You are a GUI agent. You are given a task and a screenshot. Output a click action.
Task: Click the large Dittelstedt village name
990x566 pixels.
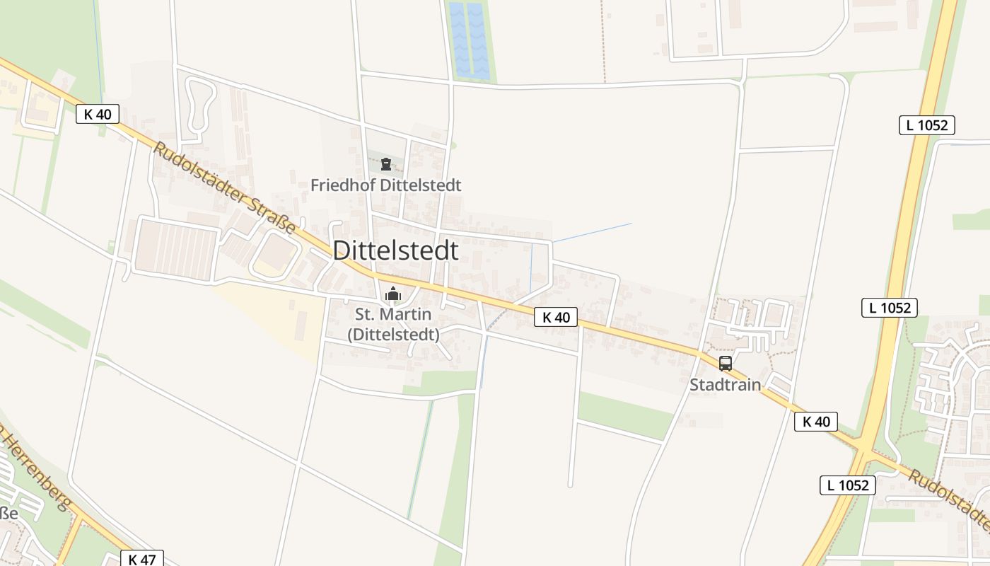(395, 250)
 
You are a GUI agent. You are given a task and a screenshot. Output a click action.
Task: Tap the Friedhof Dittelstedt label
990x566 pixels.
(386, 185)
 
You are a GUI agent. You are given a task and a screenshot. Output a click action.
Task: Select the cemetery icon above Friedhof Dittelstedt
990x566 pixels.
(385, 165)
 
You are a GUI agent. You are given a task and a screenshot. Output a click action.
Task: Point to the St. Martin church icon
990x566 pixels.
(392, 294)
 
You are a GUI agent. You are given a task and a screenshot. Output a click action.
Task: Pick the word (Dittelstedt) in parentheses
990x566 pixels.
(393, 334)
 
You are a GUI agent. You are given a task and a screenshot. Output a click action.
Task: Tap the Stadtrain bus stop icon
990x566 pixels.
(726, 364)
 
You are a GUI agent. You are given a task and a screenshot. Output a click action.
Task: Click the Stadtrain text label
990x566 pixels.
(726, 385)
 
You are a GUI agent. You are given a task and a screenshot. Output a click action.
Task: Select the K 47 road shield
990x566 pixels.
(142, 560)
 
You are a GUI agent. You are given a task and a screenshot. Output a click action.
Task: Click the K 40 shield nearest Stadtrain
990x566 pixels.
(816, 422)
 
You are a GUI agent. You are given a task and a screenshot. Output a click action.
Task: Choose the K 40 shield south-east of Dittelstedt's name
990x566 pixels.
(556, 317)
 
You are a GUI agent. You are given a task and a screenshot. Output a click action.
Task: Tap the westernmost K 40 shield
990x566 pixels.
(98, 113)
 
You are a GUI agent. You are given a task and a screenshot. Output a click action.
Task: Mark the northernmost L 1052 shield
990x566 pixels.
(927, 125)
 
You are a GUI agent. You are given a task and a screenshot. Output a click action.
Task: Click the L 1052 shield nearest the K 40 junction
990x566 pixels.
(848, 485)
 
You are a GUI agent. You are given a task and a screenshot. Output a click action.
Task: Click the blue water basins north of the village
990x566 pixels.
(469, 40)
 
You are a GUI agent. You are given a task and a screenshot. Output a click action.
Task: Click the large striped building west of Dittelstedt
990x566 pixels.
(176, 250)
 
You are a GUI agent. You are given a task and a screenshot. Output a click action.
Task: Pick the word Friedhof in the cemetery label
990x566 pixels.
(343, 185)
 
